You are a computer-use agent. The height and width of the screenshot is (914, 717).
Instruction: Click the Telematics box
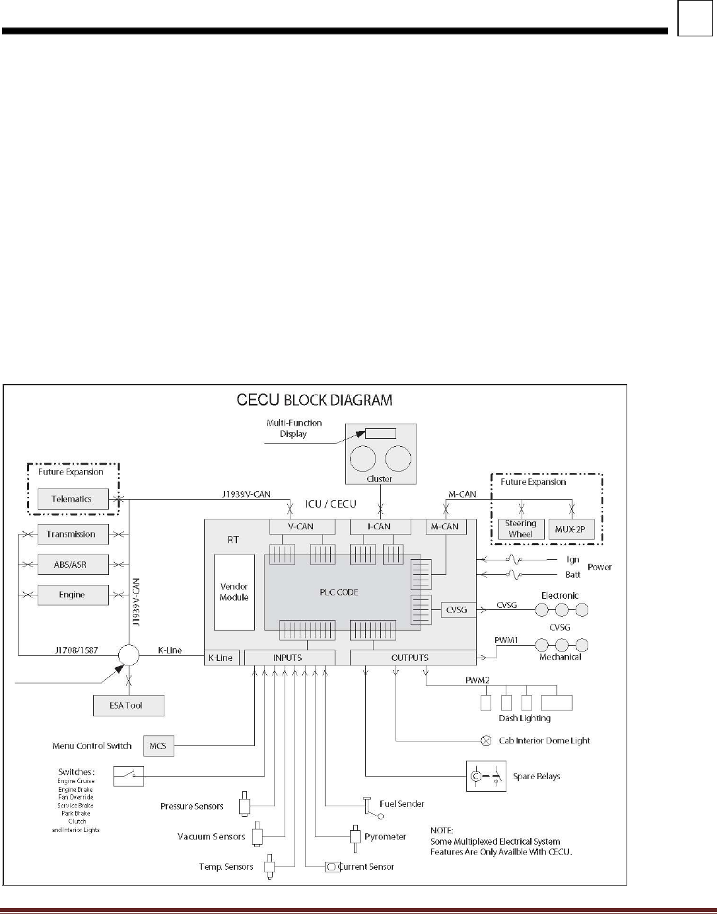coord(72,499)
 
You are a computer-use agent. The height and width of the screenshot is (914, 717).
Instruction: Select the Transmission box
coord(72,534)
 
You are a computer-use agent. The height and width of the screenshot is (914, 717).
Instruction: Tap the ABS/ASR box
coord(72,564)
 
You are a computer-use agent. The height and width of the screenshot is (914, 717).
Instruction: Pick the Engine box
coord(72,595)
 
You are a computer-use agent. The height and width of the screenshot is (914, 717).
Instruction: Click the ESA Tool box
coord(127,705)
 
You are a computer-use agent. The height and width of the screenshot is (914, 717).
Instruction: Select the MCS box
coord(158,745)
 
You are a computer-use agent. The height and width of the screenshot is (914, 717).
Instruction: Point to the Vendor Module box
coord(234,592)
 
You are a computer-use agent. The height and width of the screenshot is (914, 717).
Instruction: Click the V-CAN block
coord(302,526)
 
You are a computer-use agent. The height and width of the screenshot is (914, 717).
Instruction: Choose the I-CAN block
coord(380,526)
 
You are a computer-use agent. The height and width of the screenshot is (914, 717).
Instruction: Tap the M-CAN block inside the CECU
coord(445,526)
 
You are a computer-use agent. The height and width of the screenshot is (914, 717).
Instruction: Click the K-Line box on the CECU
coord(221,658)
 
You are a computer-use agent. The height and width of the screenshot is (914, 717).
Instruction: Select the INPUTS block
coord(288,658)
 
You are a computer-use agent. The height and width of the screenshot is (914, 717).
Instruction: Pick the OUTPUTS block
coord(410,658)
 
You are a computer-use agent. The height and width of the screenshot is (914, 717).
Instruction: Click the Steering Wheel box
coord(521,529)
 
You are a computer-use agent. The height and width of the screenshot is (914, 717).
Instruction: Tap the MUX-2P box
coord(571,529)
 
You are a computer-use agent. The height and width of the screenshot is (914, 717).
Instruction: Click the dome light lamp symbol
coord(487,741)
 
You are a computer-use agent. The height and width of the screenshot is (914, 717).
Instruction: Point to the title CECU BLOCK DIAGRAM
coord(314,400)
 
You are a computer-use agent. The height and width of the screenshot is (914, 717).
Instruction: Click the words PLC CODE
coord(339,592)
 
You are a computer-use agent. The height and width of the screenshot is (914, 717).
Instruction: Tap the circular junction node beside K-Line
coord(129,654)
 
